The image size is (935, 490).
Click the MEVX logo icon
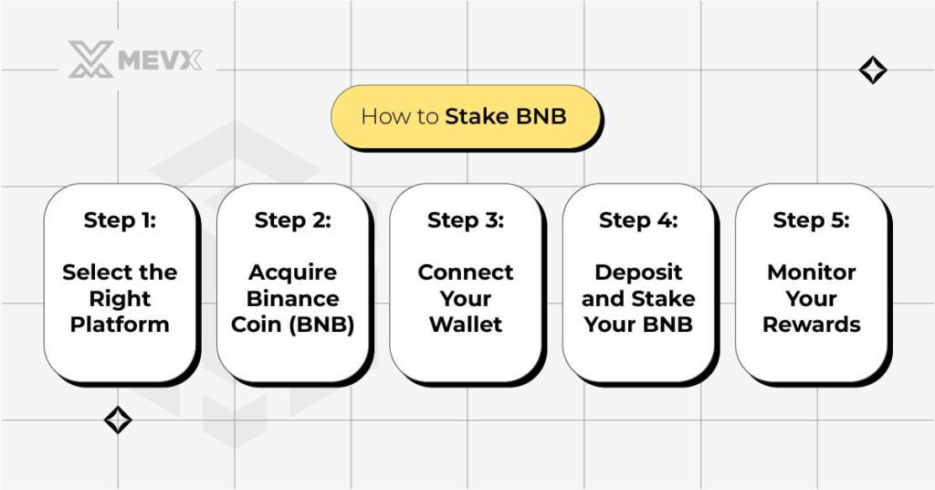pyautogui.click(x=90, y=59)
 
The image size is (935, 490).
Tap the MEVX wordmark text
pyautogui.click(x=159, y=61)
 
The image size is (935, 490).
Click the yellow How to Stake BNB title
pyautogui.click(x=464, y=117)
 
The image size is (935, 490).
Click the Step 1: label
pyautogui.click(x=120, y=220)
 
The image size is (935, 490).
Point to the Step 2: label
pyautogui.click(x=292, y=220)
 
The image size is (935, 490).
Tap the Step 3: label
pyautogui.click(x=466, y=220)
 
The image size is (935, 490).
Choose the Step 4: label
pyautogui.click(x=638, y=220)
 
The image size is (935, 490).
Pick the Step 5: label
pyautogui.click(x=811, y=220)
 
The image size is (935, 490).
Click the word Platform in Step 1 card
pyautogui.click(x=120, y=325)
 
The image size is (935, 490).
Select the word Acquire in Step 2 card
pyautogui.click(x=292, y=272)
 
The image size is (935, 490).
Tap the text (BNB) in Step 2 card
pyautogui.click(x=321, y=325)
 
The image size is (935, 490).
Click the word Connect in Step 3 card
pyautogui.click(x=466, y=272)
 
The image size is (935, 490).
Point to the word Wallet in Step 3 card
pyautogui.click(x=466, y=325)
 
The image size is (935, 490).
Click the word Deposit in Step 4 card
pyautogui.click(x=638, y=272)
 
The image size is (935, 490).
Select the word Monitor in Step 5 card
pyautogui.click(x=811, y=272)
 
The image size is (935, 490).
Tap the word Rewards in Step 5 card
pyautogui.click(x=811, y=325)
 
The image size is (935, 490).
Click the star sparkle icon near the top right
pyautogui.click(x=873, y=70)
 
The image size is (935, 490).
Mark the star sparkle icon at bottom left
pyautogui.click(x=118, y=420)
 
